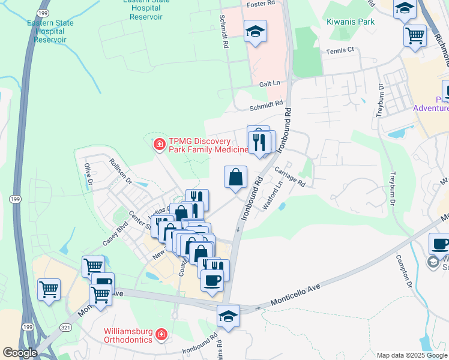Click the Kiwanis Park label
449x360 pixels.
pyautogui.click(x=351, y=22)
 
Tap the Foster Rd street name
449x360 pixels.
pyautogui.click(x=261, y=4)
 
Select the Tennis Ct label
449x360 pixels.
pyautogui.click(x=339, y=50)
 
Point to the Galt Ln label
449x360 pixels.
pyautogui.click(x=270, y=84)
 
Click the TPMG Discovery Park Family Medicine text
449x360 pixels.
pyautogui.click(x=208, y=145)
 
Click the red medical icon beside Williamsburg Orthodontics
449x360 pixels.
pyautogui.click(x=160, y=334)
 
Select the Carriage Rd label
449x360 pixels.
pyautogui.click(x=290, y=177)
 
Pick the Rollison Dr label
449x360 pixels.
pyautogui.click(x=120, y=170)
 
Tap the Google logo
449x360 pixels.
pyautogui.click(x=20, y=353)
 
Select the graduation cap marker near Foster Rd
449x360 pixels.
pyautogui.click(x=255, y=31)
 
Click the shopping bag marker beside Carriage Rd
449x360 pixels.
pyautogui.click(x=236, y=177)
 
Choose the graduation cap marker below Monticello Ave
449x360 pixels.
pyautogui.click(x=228, y=316)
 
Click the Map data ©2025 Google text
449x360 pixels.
pyautogui.click(x=411, y=355)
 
